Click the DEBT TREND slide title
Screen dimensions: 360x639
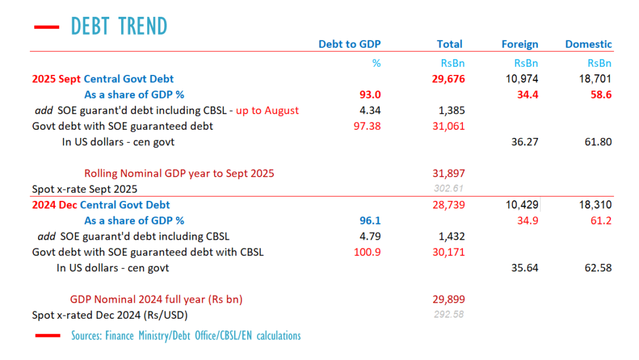119,26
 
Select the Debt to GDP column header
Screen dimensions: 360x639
349,44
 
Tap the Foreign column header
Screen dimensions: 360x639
520,44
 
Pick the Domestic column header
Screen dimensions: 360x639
588,44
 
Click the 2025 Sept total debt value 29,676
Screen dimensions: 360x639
448,79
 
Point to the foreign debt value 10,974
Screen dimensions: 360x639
523,79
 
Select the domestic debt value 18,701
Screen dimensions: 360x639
596,79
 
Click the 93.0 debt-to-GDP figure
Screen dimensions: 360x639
368,95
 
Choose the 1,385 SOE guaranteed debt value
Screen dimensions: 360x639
449,110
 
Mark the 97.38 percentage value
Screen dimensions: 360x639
366,126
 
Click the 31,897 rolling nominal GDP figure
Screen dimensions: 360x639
448,173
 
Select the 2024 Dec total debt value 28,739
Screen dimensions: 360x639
448,205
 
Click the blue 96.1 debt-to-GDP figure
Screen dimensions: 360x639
369,221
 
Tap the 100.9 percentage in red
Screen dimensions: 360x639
368,253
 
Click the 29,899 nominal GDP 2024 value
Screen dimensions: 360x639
448,299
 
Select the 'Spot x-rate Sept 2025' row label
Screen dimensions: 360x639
84,189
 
